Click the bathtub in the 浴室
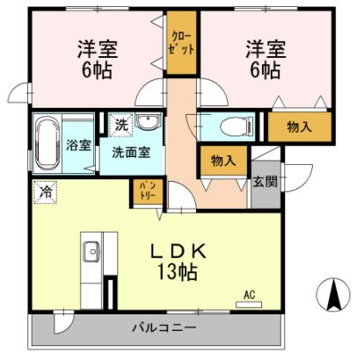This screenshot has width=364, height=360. pyautogui.click(x=47, y=140)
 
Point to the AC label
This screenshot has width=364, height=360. pyautogui.click(x=249, y=298)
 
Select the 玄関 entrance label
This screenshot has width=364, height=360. pyautogui.click(x=264, y=182)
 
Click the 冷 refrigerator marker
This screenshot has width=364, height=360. pyautogui.click(x=43, y=187)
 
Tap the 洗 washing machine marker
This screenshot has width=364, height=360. pyautogui.click(x=122, y=124)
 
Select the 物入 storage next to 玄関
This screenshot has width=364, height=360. pyautogui.click(x=222, y=161)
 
